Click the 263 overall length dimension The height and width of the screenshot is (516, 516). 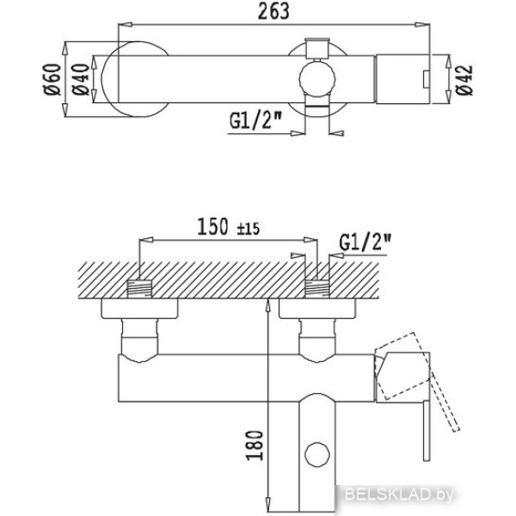pos(273,11)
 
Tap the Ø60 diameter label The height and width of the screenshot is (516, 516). pos(52,80)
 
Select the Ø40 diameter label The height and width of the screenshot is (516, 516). pos(81,80)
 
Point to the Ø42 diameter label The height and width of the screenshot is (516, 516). pos(464,80)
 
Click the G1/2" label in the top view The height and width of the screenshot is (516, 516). pos(256,120)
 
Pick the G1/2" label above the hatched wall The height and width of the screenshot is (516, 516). pos(365,243)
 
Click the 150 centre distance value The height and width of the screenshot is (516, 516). pos(212,227)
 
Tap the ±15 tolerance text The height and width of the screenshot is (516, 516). pos(249,229)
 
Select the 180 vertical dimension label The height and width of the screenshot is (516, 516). pos(255,445)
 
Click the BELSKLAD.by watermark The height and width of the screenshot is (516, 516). pos(399,494)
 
